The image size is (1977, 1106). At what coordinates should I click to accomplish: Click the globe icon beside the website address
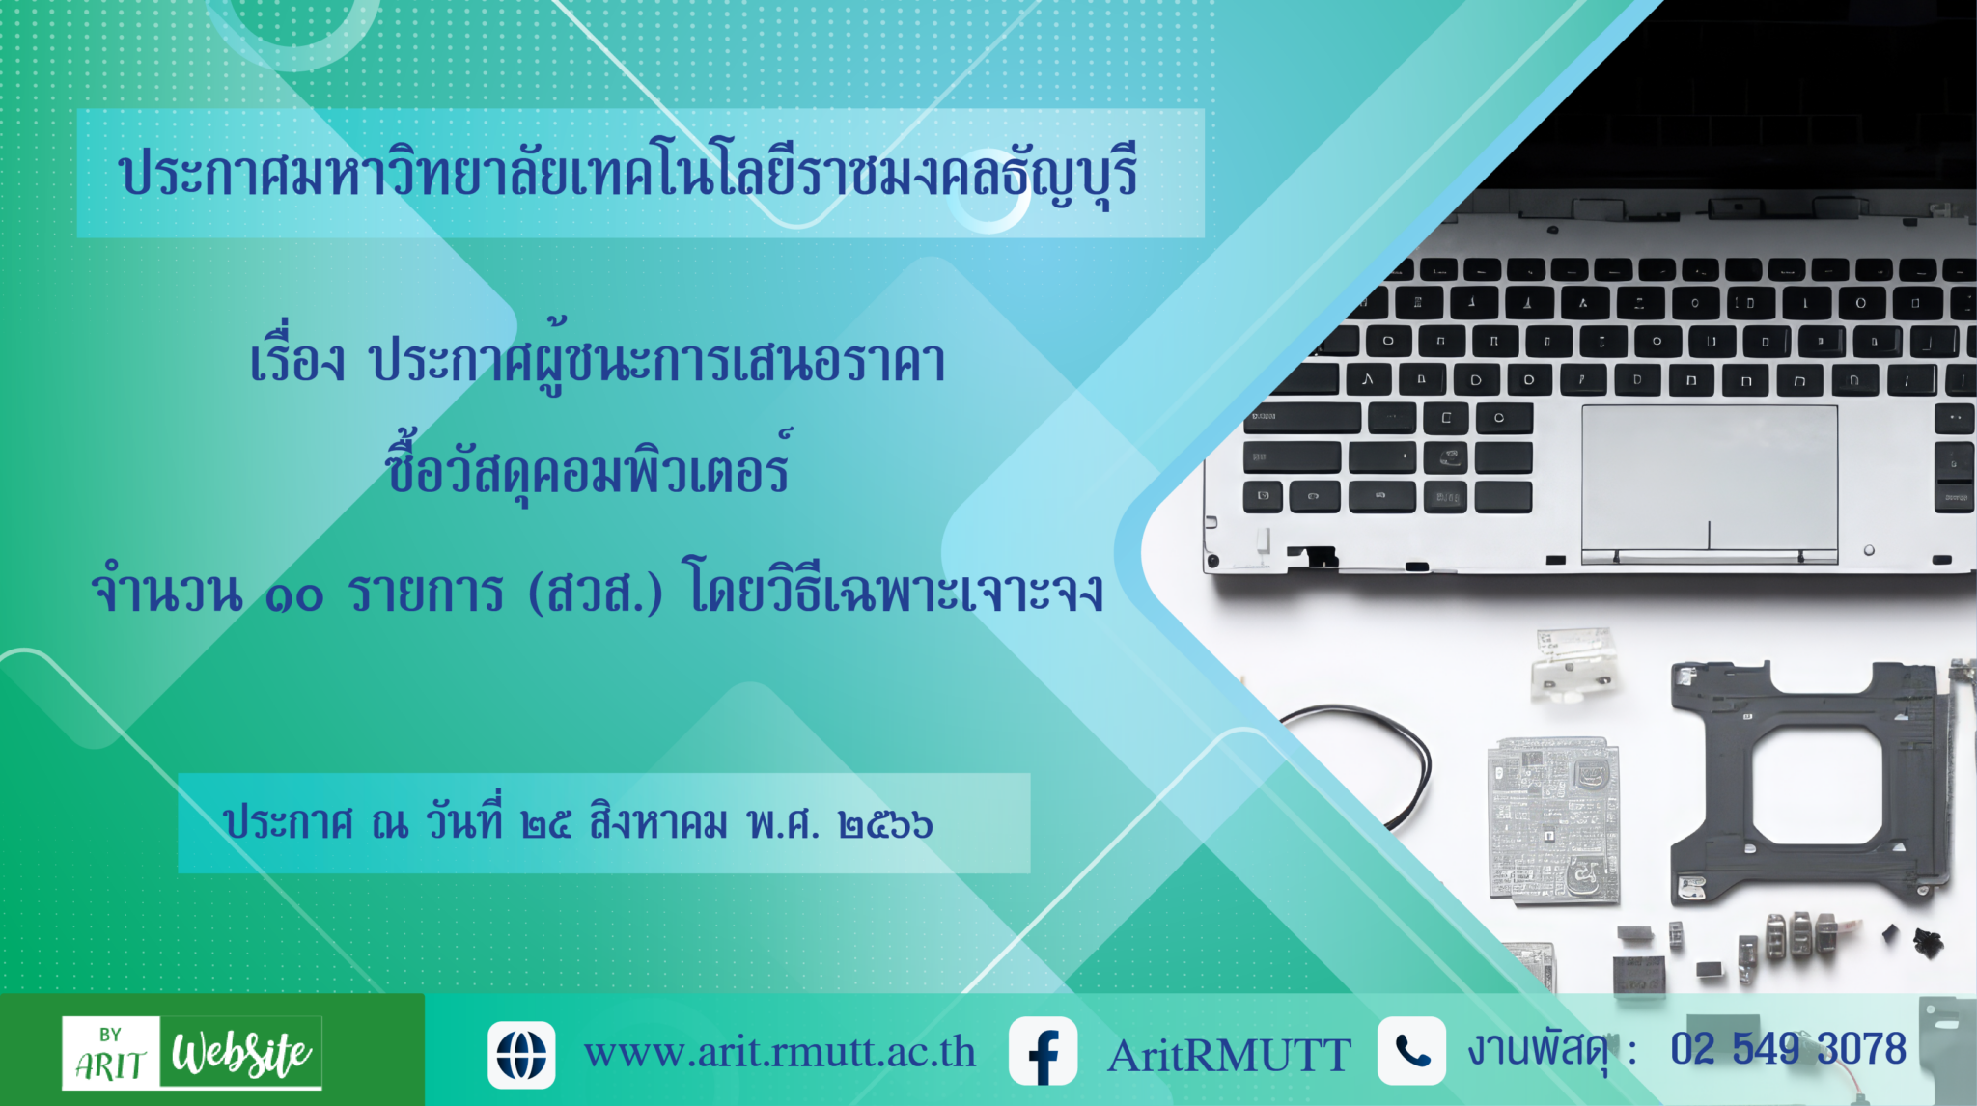pos(521,1055)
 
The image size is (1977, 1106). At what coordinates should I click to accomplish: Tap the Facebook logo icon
pos(1043,1052)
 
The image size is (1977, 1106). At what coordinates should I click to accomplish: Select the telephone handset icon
pos(1411,1051)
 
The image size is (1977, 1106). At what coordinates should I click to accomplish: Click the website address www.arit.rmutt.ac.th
pos(780,1052)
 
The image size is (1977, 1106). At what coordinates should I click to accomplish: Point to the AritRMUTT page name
pos(1229,1055)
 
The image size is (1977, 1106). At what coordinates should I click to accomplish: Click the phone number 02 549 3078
pos(1789,1049)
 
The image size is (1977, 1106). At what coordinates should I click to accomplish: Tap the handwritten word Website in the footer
pos(241,1053)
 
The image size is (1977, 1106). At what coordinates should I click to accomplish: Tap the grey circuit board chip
pos(1553,820)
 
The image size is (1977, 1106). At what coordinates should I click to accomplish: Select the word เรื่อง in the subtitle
pos(296,359)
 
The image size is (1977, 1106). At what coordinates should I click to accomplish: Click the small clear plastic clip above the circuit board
pos(1573,665)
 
